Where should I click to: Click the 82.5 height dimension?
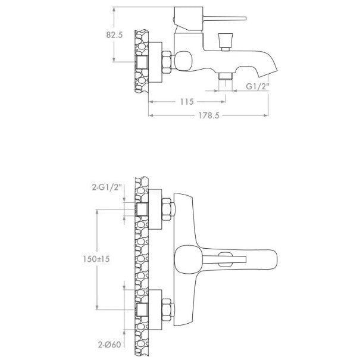pos(114,35)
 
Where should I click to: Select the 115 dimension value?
pos(187,102)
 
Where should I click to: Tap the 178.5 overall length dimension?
pos(209,115)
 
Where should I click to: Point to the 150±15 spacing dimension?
pos(96,259)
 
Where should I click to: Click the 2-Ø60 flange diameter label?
pos(109,345)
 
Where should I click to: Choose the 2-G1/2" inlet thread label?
pos(107,187)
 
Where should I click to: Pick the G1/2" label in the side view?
pos(258,86)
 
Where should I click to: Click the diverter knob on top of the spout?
pos(226,41)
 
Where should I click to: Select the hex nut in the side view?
pos(167,62)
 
